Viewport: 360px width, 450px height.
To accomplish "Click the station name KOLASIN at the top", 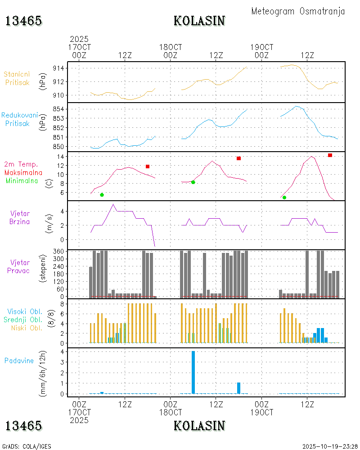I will pyautogui.click(x=199, y=21).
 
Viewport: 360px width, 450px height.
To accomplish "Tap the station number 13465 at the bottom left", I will pyautogui.click(x=23, y=426).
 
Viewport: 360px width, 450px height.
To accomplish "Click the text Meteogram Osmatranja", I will pyautogui.click(x=298, y=11).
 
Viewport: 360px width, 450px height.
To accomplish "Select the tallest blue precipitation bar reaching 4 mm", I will pyautogui.click(x=193, y=372).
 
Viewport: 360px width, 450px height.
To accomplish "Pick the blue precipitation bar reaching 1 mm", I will pyautogui.click(x=238, y=388).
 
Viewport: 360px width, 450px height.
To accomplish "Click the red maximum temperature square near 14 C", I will pyautogui.click(x=330, y=155).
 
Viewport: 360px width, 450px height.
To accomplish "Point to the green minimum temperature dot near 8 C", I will pyautogui.click(x=193, y=182).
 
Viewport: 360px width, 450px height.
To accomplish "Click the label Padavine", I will pyautogui.click(x=19, y=360).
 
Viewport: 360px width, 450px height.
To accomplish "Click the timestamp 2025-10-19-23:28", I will pyautogui.click(x=330, y=446).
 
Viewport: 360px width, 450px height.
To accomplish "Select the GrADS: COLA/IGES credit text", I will pyautogui.click(x=27, y=446).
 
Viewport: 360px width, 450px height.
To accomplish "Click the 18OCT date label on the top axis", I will pyautogui.click(x=171, y=47).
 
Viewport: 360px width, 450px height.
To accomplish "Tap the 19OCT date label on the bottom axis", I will pyautogui.click(x=261, y=412).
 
